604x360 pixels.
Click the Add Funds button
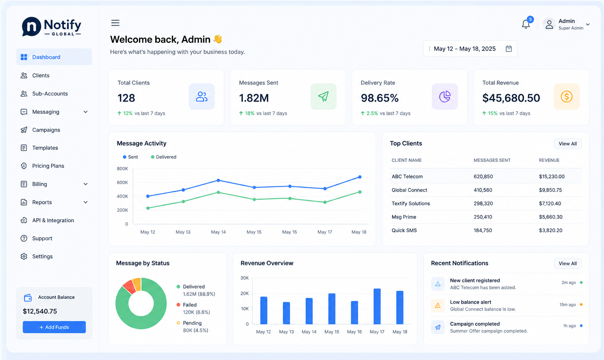tap(54, 327)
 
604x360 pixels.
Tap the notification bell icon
tap(525, 24)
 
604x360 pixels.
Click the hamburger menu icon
tap(115, 23)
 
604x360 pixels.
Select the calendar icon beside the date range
tap(509, 49)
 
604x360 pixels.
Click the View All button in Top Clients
tap(568, 144)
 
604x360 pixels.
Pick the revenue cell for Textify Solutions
tap(550, 203)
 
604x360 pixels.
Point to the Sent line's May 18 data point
tap(360, 177)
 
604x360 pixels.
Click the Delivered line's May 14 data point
tap(218, 192)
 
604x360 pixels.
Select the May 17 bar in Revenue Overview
tap(377, 306)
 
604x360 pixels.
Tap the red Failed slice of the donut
tap(130, 287)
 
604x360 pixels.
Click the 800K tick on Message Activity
tap(122, 169)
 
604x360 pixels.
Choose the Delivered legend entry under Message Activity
tap(163, 157)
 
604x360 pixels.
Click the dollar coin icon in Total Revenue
tap(567, 97)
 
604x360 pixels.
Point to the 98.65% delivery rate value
tap(380, 98)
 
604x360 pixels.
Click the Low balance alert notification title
tap(471, 302)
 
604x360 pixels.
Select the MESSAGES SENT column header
tap(492, 161)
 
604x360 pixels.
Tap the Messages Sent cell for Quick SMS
tap(483, 231)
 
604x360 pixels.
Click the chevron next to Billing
tap(86, 184)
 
